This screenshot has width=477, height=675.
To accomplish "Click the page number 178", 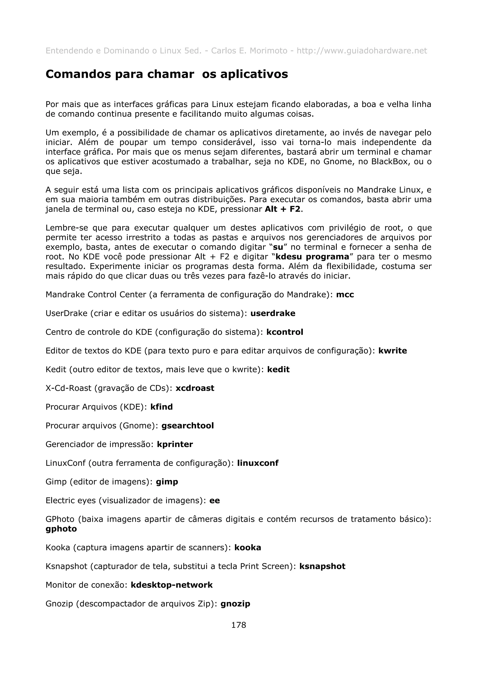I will tap(238, 625).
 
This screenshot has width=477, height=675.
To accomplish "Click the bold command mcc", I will tap(345, 295).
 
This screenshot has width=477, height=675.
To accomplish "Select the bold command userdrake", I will tap(273, 314).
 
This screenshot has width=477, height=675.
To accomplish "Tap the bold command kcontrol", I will tap(284, 332).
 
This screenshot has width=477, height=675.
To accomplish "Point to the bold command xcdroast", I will tap(195, 388).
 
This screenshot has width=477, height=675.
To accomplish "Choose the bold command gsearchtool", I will tap(187, 426).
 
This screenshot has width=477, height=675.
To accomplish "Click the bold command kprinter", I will tap(175, 444).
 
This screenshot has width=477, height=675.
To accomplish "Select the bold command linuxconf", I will tap(257, 463).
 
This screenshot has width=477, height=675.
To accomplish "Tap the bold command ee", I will tap(215, 501).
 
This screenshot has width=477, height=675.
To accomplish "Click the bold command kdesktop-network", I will tap(172, 585).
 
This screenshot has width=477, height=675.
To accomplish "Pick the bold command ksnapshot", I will tap(322, 566).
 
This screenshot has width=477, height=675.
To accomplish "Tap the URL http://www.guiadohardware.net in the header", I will tap(361, 51).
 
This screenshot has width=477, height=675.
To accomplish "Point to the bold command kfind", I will tap(161, 407).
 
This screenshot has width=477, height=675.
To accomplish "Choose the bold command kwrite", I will tap(392, 351).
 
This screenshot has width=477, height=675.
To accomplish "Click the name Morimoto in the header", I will tap(268, 51).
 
